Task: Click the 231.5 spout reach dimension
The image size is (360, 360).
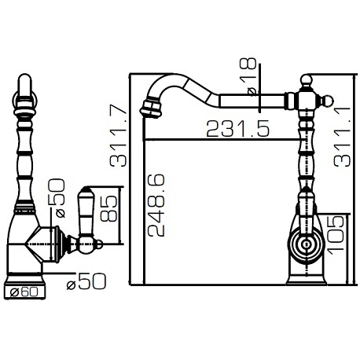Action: pos(237,129)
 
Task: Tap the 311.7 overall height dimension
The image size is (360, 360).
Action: pos(118,135)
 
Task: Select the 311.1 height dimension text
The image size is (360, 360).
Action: pos(342,136)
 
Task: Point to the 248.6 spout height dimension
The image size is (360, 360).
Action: pos(156,205)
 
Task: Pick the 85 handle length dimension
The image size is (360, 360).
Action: pos(108,209)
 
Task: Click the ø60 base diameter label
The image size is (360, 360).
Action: pos(24,292)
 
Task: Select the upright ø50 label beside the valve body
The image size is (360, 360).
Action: pos(57,198)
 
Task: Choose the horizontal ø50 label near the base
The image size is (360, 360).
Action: pos(86,281)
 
